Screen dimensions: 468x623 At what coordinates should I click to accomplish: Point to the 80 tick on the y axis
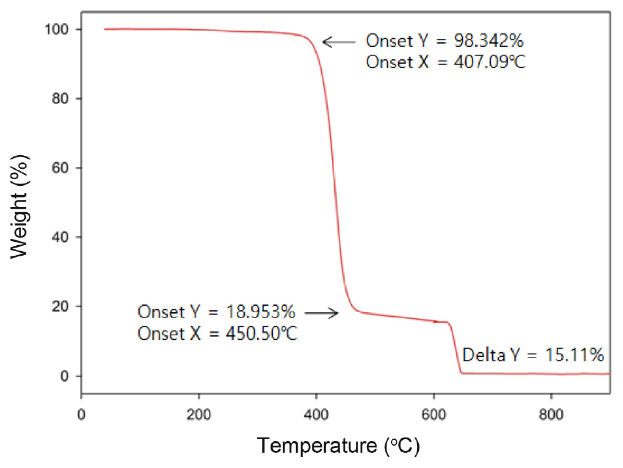click(x=64, y=99)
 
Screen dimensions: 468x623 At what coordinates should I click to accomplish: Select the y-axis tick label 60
click(x=64, y=168)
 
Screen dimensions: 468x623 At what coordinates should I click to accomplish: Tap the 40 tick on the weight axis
click(x=64, y=238)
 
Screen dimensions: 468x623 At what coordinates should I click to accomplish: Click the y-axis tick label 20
click(x=64, y=307)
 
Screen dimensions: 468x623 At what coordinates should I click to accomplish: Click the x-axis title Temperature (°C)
click(x=338, y=446)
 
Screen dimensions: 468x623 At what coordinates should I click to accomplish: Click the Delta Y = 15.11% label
click(x=533, y=355)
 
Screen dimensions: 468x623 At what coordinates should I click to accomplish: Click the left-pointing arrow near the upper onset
click(x=339, y=42)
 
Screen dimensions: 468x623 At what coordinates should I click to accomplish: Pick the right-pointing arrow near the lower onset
click(x=323, y=313)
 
